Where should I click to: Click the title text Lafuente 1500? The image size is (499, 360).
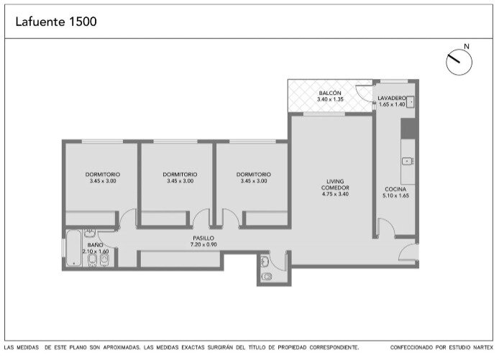(x=56, y=22)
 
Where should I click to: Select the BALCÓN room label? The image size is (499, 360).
(x=330, y=93)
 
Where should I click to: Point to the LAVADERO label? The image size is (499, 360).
(x=392, y=98)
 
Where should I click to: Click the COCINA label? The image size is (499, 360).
(x=395, y=189)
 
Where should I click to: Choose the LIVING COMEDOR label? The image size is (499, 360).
(x=335, y=185)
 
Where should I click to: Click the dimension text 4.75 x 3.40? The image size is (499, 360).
(x=335, y=194)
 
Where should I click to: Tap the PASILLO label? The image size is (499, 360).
(x=203, y=238)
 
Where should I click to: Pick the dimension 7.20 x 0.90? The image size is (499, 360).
(x=203, y=244)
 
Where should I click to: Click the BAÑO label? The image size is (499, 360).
(x=95, y=245)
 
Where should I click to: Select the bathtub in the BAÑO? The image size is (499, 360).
(x=73, y=248)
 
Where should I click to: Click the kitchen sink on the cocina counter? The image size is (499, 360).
(x=408, y=161)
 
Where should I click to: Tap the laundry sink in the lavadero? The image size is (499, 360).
(x=411, y=102)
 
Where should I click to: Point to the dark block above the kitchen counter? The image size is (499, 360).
(x=408, y=128)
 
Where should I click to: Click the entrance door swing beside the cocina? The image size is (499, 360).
(x=408, y=252)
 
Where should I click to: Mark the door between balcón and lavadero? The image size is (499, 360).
(x=365, y=94)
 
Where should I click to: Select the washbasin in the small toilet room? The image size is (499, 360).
(x=265, y=262)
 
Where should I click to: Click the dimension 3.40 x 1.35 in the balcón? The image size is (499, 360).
(x=330, y=99)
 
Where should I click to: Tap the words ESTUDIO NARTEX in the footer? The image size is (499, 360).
(x=471, y=348)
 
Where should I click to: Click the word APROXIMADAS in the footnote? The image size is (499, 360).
(x=122, y=348)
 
